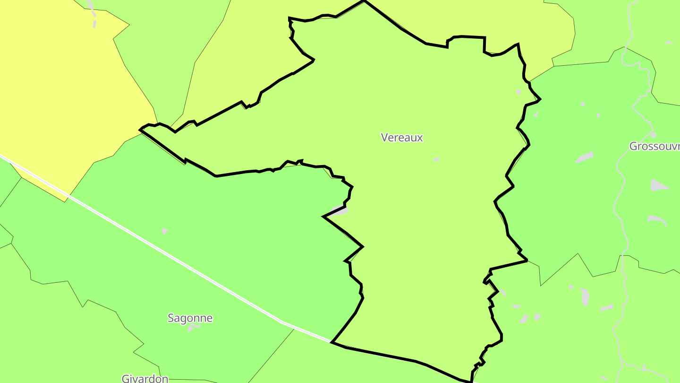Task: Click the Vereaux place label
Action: coord(402,138)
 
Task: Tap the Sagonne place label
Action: coord(190,318)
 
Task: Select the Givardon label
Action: coord(145,378)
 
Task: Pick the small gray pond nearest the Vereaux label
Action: coord(436,159)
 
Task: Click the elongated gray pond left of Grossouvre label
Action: coord(585,157)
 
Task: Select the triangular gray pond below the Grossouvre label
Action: coord(658,185)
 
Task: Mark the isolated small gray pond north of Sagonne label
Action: coord(164,231)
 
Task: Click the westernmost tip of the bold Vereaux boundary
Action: coord(140,129)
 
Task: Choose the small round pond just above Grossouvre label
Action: coord(653,134)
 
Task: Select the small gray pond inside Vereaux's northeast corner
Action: coord(518,91)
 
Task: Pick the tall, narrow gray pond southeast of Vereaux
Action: coord(586,297)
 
